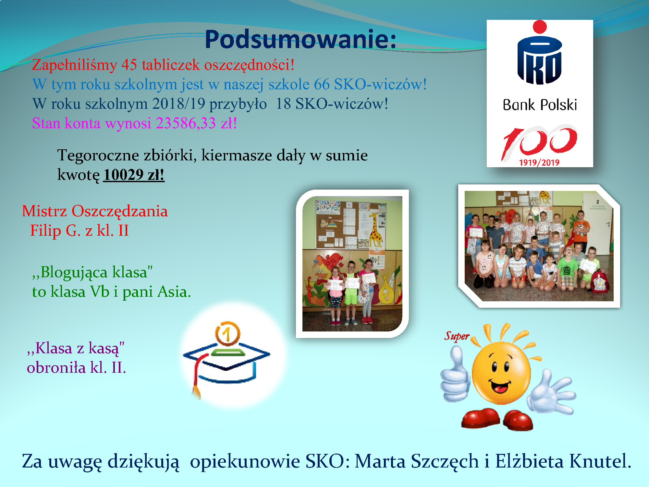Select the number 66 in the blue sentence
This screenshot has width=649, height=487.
pyautogui.click(x=322, y=84)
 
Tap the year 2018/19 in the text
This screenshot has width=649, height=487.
pyautogui.click(x=178, y=104)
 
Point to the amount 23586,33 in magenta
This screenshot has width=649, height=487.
pyautogui.click(x=186, y=123)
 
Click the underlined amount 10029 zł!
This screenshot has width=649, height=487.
pyautogui.click(x=134, y=175)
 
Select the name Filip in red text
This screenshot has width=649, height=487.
pyautogui.click(x=45, y=231)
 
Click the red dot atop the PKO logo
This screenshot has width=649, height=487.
pyautogui.click(x=540, y=27)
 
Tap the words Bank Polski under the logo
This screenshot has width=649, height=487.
pyautogui.click(x=540, y=105)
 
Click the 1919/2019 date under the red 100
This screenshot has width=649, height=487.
pyautogui.click(x=539, y=162)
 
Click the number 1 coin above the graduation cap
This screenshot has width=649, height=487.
pyautogui.click(x=227, y=334)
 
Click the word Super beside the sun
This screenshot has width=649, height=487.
pyautogui.click(x=457, y=336)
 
